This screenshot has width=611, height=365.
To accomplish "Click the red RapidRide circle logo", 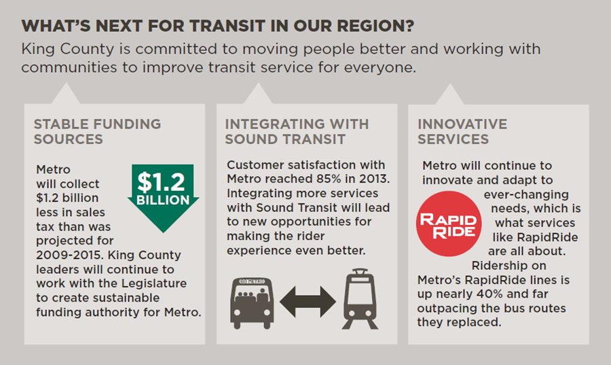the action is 449,224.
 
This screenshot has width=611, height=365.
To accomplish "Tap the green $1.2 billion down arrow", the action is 163,198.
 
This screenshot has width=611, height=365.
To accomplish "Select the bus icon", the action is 252,303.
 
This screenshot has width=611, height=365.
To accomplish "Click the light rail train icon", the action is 360,298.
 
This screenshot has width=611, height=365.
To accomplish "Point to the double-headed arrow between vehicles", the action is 308,301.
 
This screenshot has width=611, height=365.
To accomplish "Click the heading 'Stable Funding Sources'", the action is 97,131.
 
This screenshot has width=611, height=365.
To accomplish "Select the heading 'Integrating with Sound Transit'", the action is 297,131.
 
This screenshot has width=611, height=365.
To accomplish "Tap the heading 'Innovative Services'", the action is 462,131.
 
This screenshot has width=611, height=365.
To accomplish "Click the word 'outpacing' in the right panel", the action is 447,309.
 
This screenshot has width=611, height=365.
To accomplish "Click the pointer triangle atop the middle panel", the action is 258,94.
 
